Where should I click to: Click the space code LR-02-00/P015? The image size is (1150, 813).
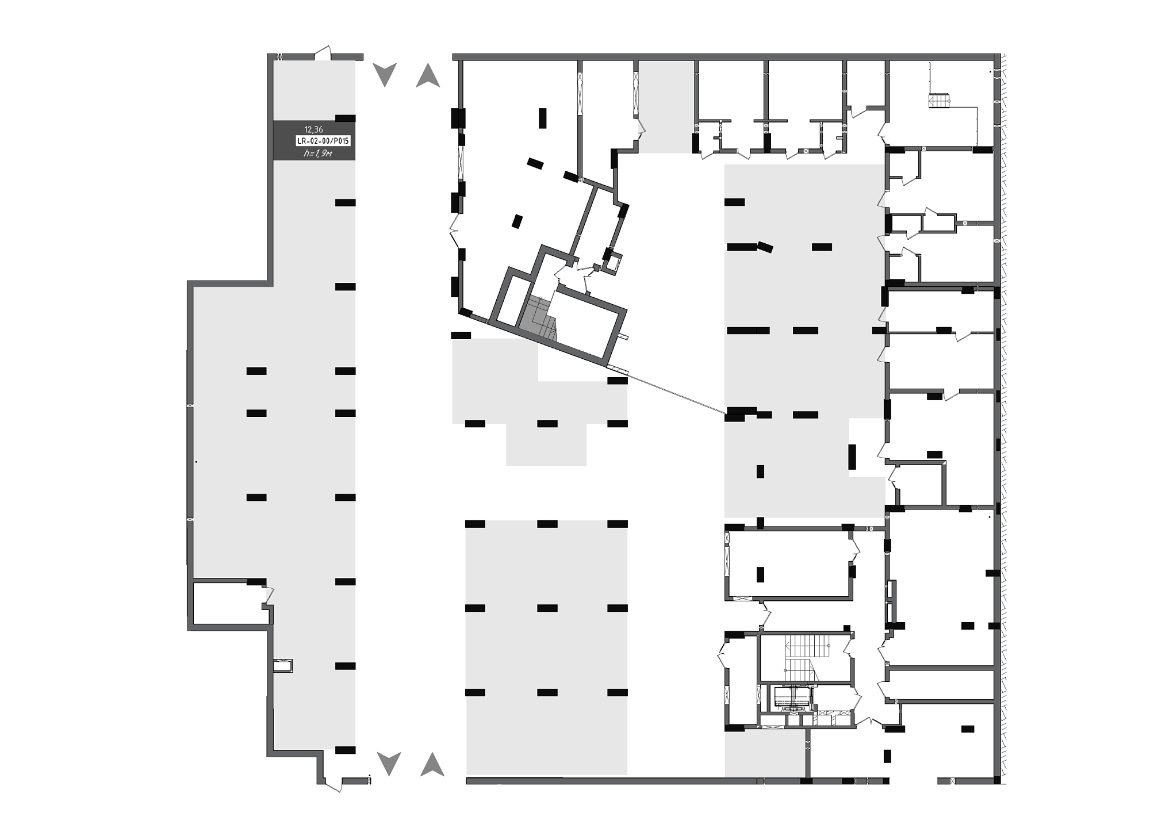click(323, 141)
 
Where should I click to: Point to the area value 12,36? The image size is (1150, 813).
click(314, 130)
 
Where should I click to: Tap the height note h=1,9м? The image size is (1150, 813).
click(318, 154)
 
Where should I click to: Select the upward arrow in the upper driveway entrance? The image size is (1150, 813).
click(428, 75)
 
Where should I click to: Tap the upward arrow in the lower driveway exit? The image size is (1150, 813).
click(432, 764)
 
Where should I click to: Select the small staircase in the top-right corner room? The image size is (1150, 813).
click(938, 101)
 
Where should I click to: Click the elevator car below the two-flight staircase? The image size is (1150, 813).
click(792, 697)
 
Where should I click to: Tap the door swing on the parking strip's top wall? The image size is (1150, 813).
click(323, 52)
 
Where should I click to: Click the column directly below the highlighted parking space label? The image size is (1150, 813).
click(345, 202)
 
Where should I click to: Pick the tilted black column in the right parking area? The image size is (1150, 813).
click(765, 247)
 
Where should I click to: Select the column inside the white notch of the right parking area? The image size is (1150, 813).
click(852, 457)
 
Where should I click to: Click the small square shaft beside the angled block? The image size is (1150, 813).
click(613, 262)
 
